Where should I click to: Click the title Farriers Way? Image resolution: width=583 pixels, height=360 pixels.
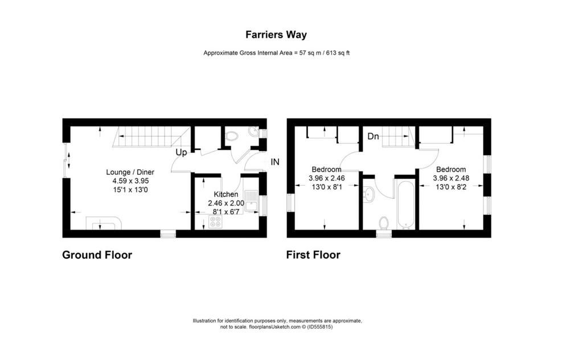(x=276, y=35)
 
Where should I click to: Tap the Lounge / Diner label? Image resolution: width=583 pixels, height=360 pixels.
(x=130, y=172)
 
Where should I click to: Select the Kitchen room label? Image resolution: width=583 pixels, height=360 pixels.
(x=226, y=194)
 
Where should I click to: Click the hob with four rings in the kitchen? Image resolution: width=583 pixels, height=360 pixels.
(x=215, y=222)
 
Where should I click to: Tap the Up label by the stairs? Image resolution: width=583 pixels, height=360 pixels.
(x=181, y=153)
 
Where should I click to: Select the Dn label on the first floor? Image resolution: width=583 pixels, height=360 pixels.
(x=373, y=137)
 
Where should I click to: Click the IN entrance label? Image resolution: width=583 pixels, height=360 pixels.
(x=275, y=162)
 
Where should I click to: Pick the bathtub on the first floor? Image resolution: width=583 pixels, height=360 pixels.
(x=405, y=204)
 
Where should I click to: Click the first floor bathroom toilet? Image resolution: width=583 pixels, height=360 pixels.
(x=384, y=223)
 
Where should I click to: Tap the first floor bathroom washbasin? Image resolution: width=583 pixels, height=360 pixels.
(x=368, y=194)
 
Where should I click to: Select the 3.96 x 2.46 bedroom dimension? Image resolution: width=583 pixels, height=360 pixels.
(x=327, y=178)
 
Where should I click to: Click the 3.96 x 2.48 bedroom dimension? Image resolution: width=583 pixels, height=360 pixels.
(x=451, y=178)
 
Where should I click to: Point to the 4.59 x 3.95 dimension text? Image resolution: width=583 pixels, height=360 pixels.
(x=130, y=181)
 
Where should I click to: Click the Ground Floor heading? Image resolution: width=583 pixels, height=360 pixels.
(x=97, y=255)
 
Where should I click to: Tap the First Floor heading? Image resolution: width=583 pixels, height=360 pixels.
(x=313, y=255)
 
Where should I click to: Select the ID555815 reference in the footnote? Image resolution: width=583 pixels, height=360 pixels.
(x=320, y=327)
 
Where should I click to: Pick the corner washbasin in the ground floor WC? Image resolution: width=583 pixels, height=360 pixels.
(x=254, y=131)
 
